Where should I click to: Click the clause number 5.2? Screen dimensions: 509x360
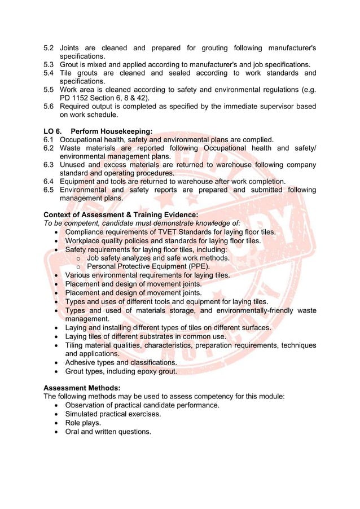50,47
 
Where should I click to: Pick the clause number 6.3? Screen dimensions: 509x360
50,165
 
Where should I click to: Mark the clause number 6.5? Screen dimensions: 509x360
50,190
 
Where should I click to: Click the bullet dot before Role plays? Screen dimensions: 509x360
58,423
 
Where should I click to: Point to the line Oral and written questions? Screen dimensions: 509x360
108,431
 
